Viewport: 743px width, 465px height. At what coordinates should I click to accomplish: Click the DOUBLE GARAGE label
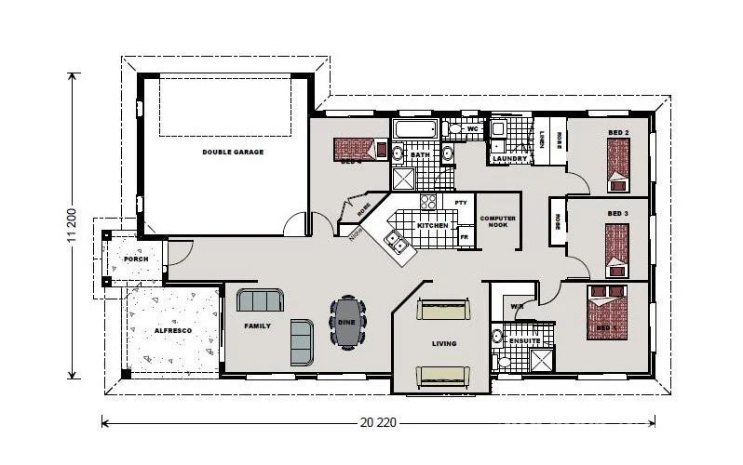pyautogui.click(x=233, y=151)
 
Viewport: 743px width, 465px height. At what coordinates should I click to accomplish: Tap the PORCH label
pyautogui.click(x=136, y=259)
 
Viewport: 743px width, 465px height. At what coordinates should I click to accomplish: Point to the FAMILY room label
pyautogui.click(x=257, y=326)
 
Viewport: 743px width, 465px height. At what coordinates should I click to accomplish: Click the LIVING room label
pyautogui.click(x=444, y=343)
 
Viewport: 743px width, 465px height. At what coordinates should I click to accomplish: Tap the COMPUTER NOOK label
pyautogui.click(x=498, y=221)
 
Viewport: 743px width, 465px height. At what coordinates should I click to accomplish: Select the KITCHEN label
pyautogui.click(x=432, y=226)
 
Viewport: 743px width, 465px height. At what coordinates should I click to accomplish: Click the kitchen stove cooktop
pyautogui.click(x=429, y=202)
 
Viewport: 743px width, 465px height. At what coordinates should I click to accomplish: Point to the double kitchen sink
pyautogui.click(x=397, y=245)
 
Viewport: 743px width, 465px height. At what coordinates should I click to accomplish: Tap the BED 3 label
pyautogui.click(x=617, y=213)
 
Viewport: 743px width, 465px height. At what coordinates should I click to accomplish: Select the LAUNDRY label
pyautogui.click(x=511, y=159)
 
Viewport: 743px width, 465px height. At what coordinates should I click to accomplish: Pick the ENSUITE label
pyautogui.click(x=524, y=340)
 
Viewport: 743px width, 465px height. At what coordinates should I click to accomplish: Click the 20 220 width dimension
pyautogui.click(x=377, y=421)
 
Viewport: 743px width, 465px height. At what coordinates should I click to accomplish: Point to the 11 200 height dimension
pyautogui.click(x=70, y=227)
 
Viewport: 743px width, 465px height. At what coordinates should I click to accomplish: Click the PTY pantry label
pyautogui.click(x=460, y=202)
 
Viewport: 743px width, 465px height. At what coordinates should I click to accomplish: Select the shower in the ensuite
pyautogui.click(x=541, y=361)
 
